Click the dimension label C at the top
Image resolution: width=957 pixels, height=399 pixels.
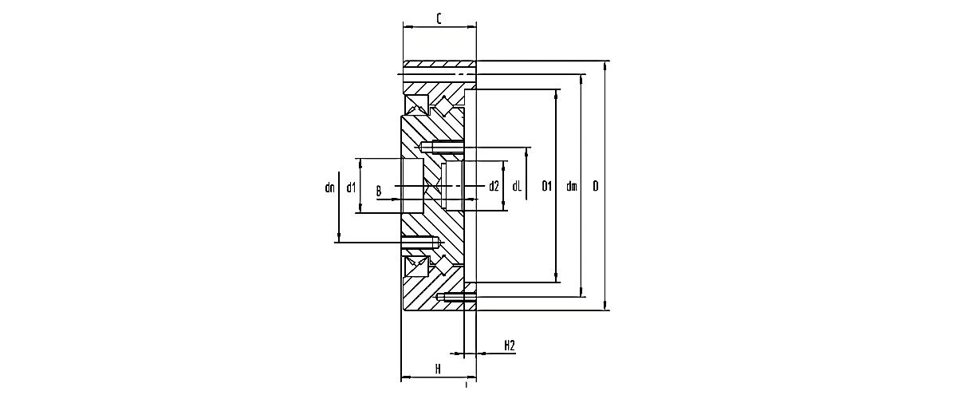(x=439, y=19)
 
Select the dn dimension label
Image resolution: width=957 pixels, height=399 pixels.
(x=329, y=188)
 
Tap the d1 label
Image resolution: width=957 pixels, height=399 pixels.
(x=351, y=188)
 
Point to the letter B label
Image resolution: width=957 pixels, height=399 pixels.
(x=379, y=191)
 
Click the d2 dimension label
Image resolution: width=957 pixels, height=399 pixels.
(x=494, y=186)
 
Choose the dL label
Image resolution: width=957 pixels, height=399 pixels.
(x=517, y=186)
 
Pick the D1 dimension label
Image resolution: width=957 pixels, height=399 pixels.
(x=547, y=186)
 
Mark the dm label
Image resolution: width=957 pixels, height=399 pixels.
(x=572, y=186)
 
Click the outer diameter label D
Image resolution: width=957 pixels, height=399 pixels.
(x=596, y=186)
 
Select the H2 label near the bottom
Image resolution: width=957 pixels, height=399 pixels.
(x=510, y=346)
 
